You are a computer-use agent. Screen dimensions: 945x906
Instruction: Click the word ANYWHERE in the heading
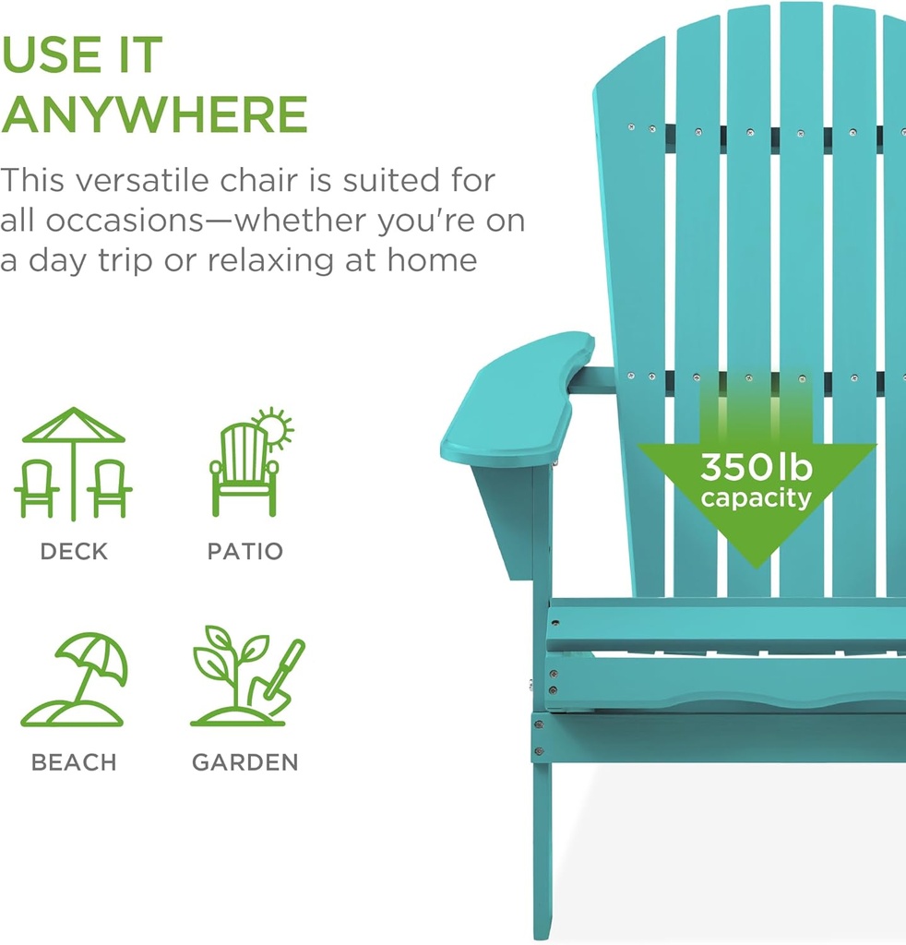pyautogui.click(x=154, y=114)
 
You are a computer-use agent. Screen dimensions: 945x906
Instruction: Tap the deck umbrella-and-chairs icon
pyautogui.click(x=73, y=463)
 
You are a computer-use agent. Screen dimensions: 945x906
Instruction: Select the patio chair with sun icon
pyautogui.click(x=246, y=463)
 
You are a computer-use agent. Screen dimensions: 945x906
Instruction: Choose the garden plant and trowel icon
pyautogui.click(x=246, y=676)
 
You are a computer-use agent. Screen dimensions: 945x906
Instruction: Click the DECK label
pyautogui.click(x=74, y=552)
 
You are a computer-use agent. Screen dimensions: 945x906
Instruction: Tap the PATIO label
pyautogui.click(x=244, y=552)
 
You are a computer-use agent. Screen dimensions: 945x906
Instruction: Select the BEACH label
pyautogui.click(x=74, y=763)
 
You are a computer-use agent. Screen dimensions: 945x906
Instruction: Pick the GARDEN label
pyautogui.click(x=245, y=763)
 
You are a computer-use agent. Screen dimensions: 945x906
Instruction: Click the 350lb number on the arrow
pyautogui.click(x=756, y=468)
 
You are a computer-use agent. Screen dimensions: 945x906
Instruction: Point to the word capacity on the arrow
pyautogui.click(x=756, y=499)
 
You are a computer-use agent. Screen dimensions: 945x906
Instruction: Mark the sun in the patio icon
pyautogui.click(x=273, y=428)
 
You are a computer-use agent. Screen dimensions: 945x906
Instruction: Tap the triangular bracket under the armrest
pyautogui.click(x=506, y=517)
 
